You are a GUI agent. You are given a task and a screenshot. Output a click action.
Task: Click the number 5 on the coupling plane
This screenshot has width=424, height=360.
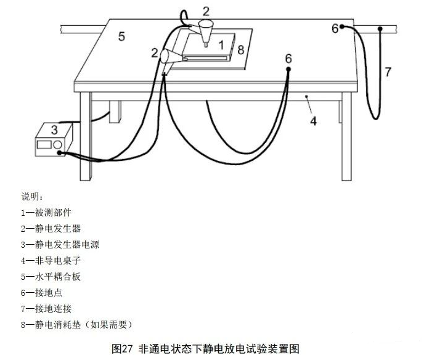click(121, 36)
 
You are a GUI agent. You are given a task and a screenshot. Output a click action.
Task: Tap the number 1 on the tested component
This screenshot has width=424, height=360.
click(221, 44)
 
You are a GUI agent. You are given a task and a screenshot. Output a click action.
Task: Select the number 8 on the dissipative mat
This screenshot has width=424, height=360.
click(241, 49)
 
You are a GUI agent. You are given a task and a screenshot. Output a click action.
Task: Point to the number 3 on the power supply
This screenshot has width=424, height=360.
click(54, 130)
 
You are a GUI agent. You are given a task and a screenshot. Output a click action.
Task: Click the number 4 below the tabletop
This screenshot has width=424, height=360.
click(313, 121)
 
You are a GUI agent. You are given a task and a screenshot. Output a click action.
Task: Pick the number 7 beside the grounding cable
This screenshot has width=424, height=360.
click(388, 72)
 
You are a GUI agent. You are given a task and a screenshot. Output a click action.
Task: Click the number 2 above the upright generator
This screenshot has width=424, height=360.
click(206, 10)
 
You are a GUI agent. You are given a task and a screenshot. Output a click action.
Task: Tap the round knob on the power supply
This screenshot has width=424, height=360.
click(58, 144)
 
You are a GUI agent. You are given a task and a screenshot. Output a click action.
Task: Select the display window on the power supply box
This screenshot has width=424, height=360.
click(44, 144)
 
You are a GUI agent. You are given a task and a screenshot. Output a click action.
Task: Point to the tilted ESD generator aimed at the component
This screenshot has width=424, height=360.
click(169, 57)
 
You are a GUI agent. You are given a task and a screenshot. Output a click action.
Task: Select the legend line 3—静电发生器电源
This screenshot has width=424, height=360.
click(60, 244)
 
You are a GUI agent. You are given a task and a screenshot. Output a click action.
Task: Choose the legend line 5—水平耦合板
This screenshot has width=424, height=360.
click(51, 276)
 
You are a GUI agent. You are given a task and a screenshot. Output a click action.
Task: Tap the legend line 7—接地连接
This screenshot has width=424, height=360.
click(47, 308)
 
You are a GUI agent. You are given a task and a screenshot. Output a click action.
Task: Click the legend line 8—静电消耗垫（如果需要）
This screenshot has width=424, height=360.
click(76, 324)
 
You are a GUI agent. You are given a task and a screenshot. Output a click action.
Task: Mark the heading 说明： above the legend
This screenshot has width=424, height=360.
click(32, 197)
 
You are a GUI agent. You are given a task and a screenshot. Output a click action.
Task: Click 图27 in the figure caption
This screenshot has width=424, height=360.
click(123, 348)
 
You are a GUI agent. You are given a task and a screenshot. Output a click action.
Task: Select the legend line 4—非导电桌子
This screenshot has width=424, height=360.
click(51, 260)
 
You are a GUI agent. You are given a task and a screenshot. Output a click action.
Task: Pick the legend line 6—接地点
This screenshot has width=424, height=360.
click(43, 292)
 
